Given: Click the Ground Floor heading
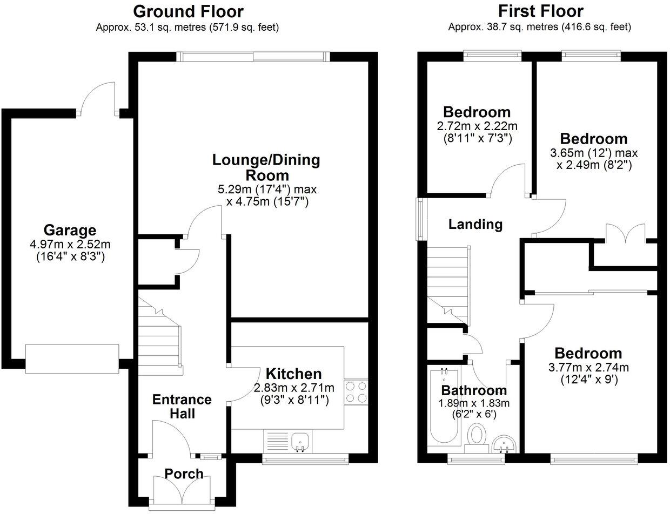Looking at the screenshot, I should (188, 11).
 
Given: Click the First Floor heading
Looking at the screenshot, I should (540, 11).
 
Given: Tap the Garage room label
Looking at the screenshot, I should (70, 231).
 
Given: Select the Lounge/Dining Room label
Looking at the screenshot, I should (266, 167).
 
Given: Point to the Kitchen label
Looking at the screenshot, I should (293, 374).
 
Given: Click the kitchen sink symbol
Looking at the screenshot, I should (299, 441).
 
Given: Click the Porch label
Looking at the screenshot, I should (184, 474).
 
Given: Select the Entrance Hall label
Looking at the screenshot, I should (182, 407).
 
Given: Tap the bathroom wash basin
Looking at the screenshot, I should (505, 444).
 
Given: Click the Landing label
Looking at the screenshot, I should (475, 224).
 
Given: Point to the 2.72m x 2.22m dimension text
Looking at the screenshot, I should (477, 126).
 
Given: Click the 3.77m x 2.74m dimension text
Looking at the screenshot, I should (588, 368).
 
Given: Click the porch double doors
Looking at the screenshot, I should (184, 492).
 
